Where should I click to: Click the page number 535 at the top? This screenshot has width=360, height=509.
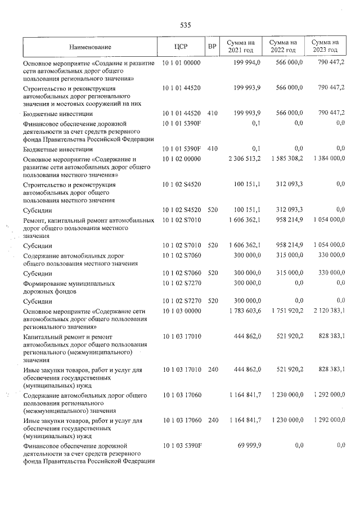(186, 25)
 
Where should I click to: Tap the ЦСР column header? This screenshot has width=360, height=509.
(181, 47)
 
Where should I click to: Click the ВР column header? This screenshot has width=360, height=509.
(212, 47)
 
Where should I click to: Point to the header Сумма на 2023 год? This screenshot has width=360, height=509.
(326, 47)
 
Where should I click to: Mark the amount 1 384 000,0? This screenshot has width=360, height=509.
(326, 159)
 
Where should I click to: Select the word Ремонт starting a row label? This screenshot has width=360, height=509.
(35, 221)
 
